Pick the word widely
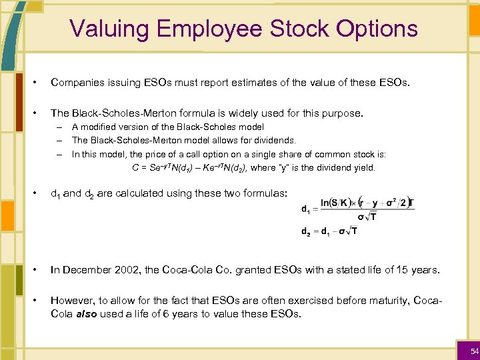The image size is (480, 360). click(x=263, y=113)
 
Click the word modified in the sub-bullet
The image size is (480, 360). click(x=100, y=127)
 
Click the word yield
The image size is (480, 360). click(x=364, y=167)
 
